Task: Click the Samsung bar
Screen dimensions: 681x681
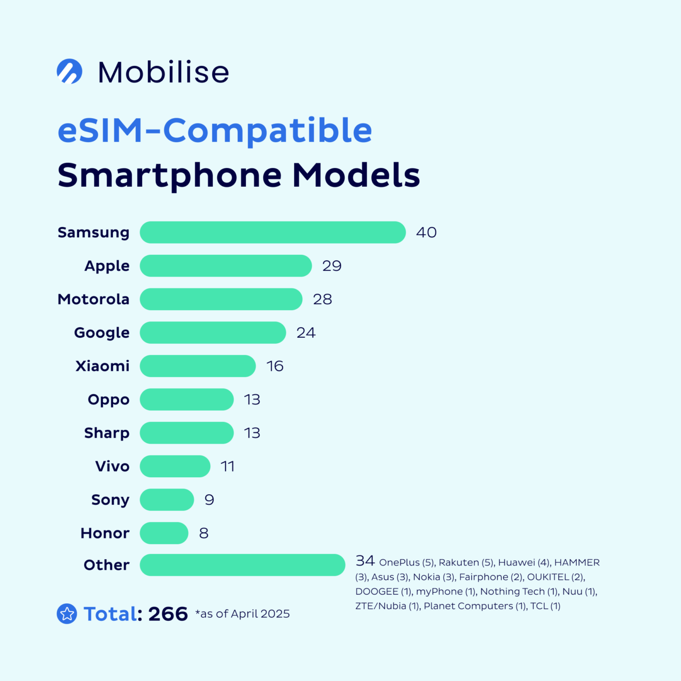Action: pyautogui.click(x=272, y=232)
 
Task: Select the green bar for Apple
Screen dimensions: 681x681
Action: pyautogui.click(x=226, y=266)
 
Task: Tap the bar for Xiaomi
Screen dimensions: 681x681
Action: pyautogui.click(x=197, y=366)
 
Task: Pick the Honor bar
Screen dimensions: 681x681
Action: pyautogui.click(x=164, y=533)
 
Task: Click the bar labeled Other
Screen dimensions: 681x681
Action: pyautogui.click(x=242, y=565)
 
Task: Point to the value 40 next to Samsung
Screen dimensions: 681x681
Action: pyautogui.click(x=426, y=232)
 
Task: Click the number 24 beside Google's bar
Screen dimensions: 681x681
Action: pyautogui.click(x=306, y=333)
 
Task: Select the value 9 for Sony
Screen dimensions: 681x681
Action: pyautogui.click(x=209, y=500)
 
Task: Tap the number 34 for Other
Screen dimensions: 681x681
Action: pyautogui.click(x=365, y=561)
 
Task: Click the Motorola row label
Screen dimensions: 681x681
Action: pyautogui.click(x=94, y=300)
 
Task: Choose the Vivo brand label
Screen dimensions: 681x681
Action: pyautogui.click(x=112, y=467)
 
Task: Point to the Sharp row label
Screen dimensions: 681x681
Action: pyautogui.click(x=106, y=433)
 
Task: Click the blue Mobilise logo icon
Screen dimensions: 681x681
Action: pyautogui.click(x=70, y=71)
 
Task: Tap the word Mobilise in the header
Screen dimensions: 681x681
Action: pyautogui.click(x=163, y=72)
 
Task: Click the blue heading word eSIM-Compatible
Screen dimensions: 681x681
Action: pyautogui.click(x=214, y=131)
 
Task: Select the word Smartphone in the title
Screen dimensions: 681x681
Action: pyautogui.click(x=170, y=176)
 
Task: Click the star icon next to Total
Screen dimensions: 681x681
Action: pyautogui.click(x=67, y=614)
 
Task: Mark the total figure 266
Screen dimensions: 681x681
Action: pyautogui.click(x=168, y=614)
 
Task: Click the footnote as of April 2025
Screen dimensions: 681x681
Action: pyautogui.click(x=243, y=614)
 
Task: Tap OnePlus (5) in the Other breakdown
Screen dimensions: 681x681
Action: pyautogui.click(x=407, y=563)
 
